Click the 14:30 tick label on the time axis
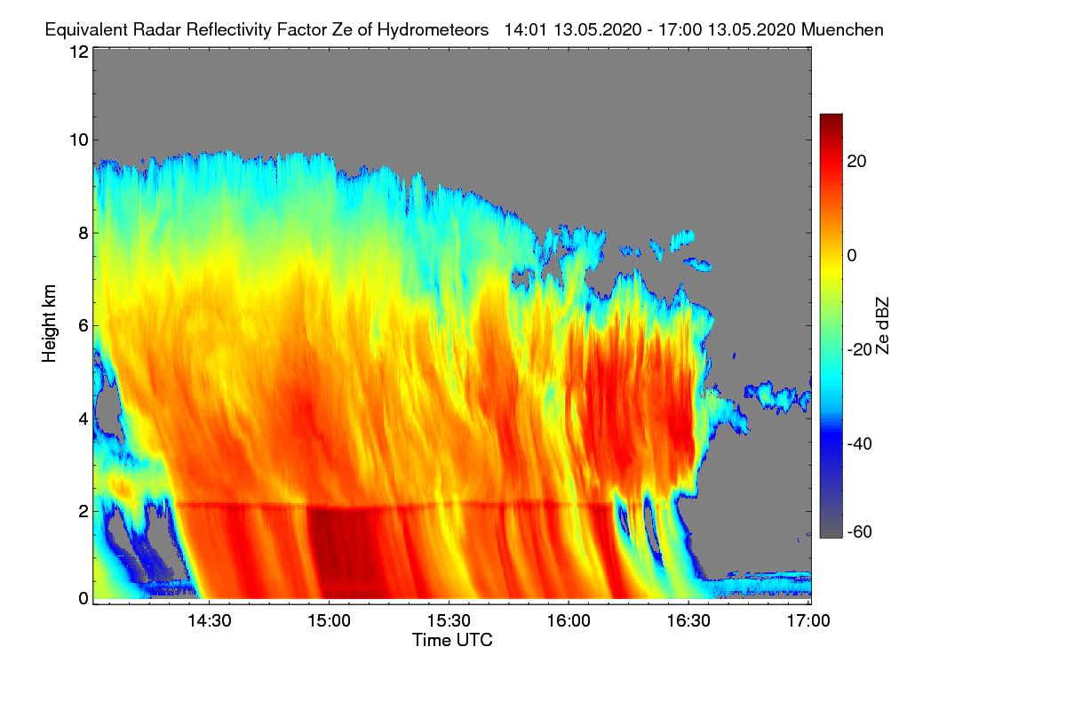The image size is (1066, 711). [210, 621]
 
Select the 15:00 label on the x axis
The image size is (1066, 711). [329, 621]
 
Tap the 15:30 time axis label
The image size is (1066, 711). [449, 621]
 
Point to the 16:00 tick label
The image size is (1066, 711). [569, 621]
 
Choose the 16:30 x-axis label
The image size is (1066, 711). [688, 621]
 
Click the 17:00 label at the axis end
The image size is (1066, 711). [808, 621]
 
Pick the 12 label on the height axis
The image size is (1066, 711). [79, 52]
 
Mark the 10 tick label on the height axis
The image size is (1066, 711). [79, 140]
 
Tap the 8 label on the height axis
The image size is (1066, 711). [84, 234]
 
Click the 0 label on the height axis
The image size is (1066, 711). [84, 598]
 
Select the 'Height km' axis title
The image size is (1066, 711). [49, 324]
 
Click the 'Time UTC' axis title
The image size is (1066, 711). [452, 640]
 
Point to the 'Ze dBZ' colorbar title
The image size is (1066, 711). [882, 326]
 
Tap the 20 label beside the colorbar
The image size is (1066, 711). [856, 162]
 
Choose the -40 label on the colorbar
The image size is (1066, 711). [860, 444]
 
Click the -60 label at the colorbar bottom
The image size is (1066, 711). [860, 532]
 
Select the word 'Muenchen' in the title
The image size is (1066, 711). [842, 30]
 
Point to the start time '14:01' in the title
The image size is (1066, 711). [526, 30]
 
